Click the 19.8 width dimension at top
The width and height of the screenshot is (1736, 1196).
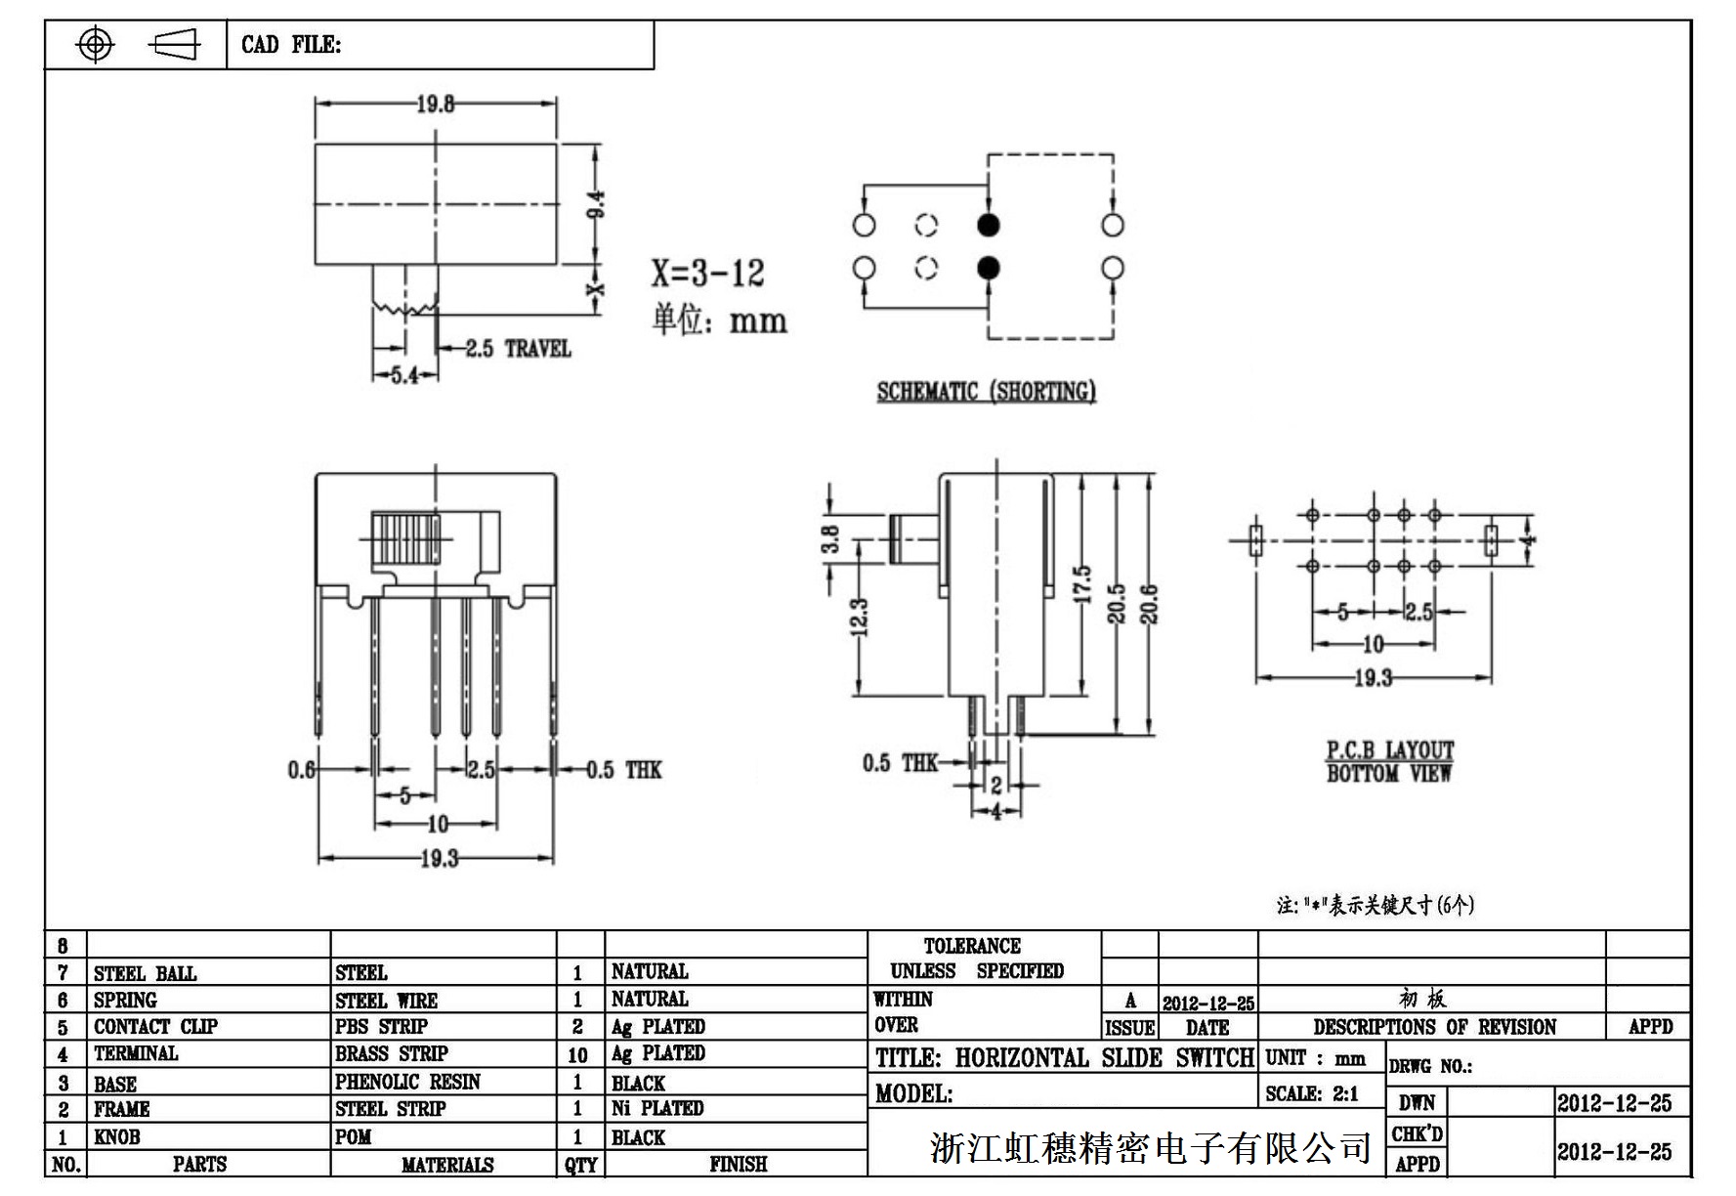pos(436,104)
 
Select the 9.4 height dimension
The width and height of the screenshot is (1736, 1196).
pos(598,203)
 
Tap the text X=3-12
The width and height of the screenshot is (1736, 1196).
pos(707,274)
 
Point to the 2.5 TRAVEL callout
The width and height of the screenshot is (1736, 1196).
pos(518,349)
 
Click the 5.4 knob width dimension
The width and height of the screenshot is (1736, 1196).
pos(404,374)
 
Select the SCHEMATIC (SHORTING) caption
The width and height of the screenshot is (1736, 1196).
pos(986,392)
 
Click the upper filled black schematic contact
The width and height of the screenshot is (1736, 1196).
pos(989,226)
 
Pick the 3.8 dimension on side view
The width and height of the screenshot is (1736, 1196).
pos(830,538)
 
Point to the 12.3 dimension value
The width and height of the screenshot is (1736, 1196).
pos(859,617)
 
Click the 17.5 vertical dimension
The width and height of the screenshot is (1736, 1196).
pos(1081,584)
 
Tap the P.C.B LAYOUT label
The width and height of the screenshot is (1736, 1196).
pos(1389,750)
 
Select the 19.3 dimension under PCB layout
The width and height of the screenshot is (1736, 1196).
pos(1373,678)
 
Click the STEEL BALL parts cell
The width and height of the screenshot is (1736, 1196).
pos(145,973)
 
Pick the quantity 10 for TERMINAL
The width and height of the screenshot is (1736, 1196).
pos(577,1054)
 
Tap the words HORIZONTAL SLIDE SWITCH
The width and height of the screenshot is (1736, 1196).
pos(1104,1058)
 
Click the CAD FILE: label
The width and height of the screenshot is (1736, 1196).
pos(291,45)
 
